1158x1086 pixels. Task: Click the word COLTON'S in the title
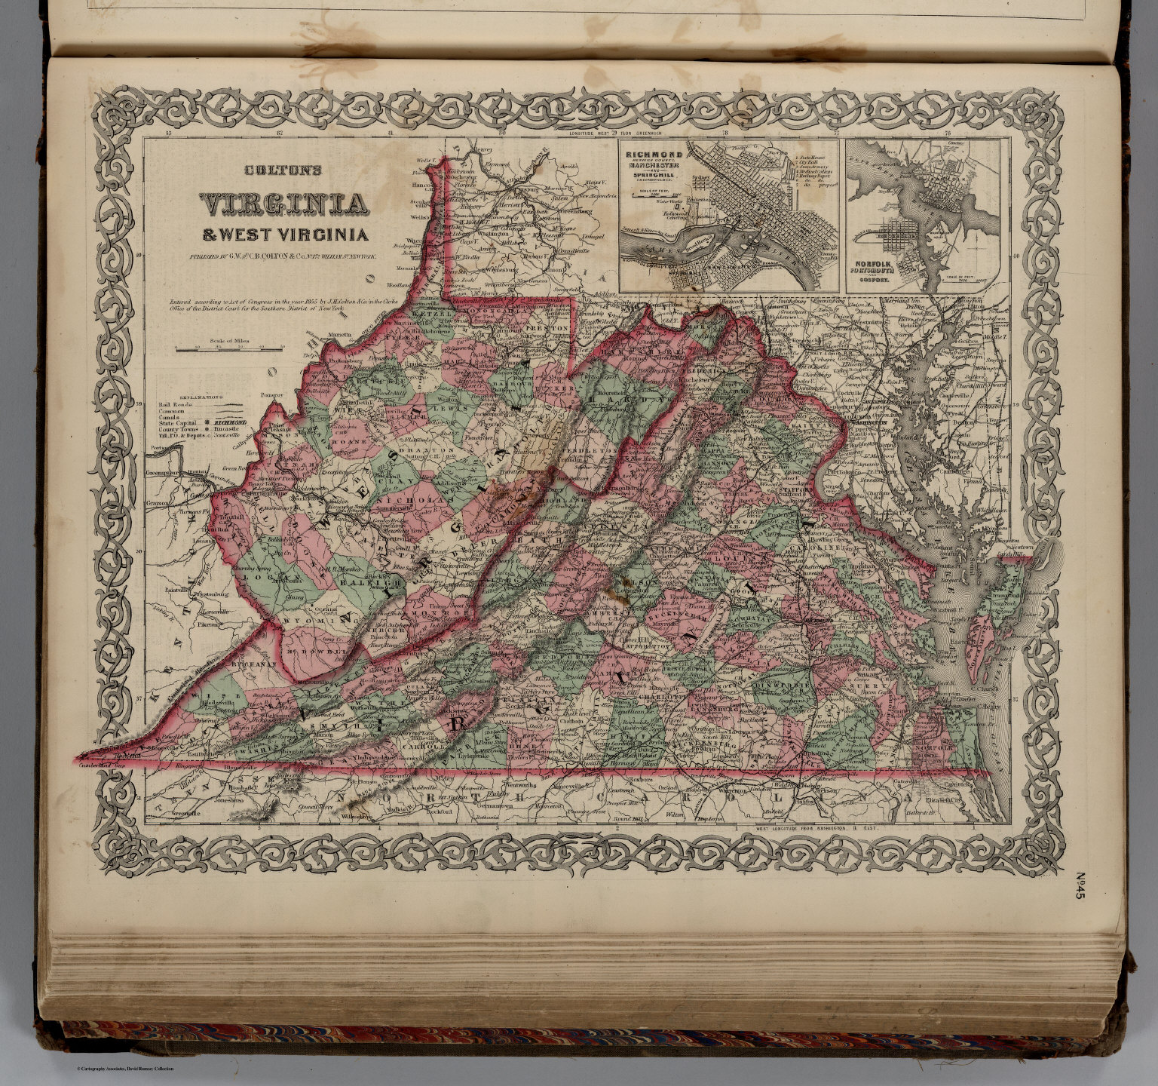283,170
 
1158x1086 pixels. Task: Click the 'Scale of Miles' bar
228,348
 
